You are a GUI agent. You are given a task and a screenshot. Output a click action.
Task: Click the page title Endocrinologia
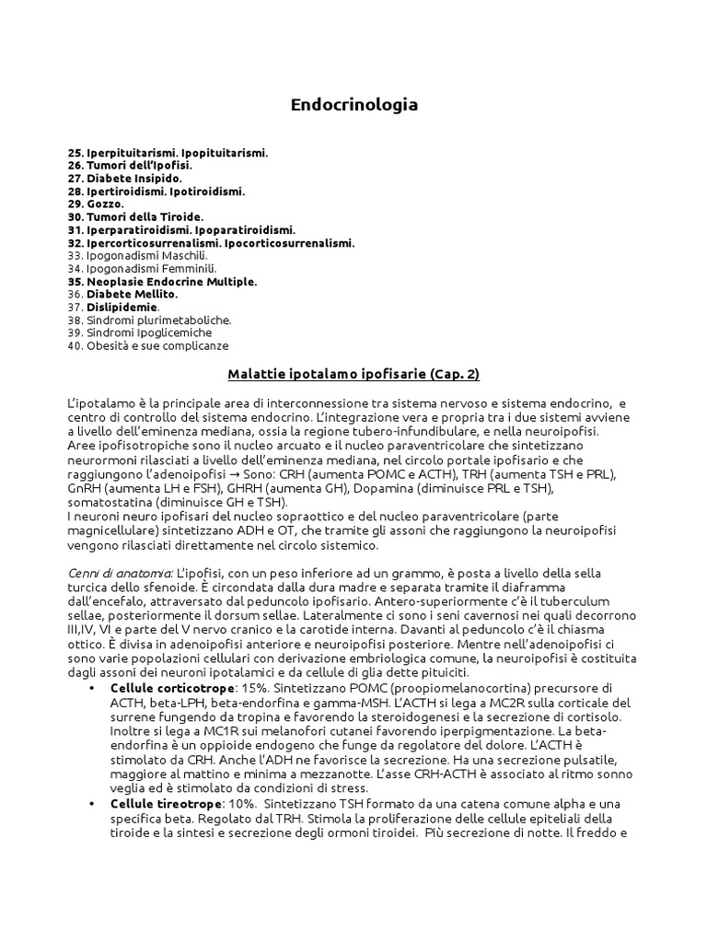(353, 105)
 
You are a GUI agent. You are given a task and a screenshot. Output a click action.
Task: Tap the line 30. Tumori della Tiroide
(135, 216)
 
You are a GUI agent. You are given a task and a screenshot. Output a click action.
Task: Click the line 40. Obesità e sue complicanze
(148, 345)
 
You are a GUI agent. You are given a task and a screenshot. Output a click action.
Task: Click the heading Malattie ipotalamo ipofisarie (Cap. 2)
(353, 375)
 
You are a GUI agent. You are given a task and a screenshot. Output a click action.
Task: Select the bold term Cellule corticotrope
(166, 690)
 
